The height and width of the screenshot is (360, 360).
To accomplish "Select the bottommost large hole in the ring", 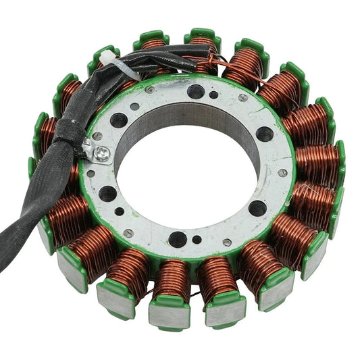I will (178, 238).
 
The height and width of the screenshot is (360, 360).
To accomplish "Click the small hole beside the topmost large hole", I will (214, 95).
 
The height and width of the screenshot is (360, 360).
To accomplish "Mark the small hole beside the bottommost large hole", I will (197, 239).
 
